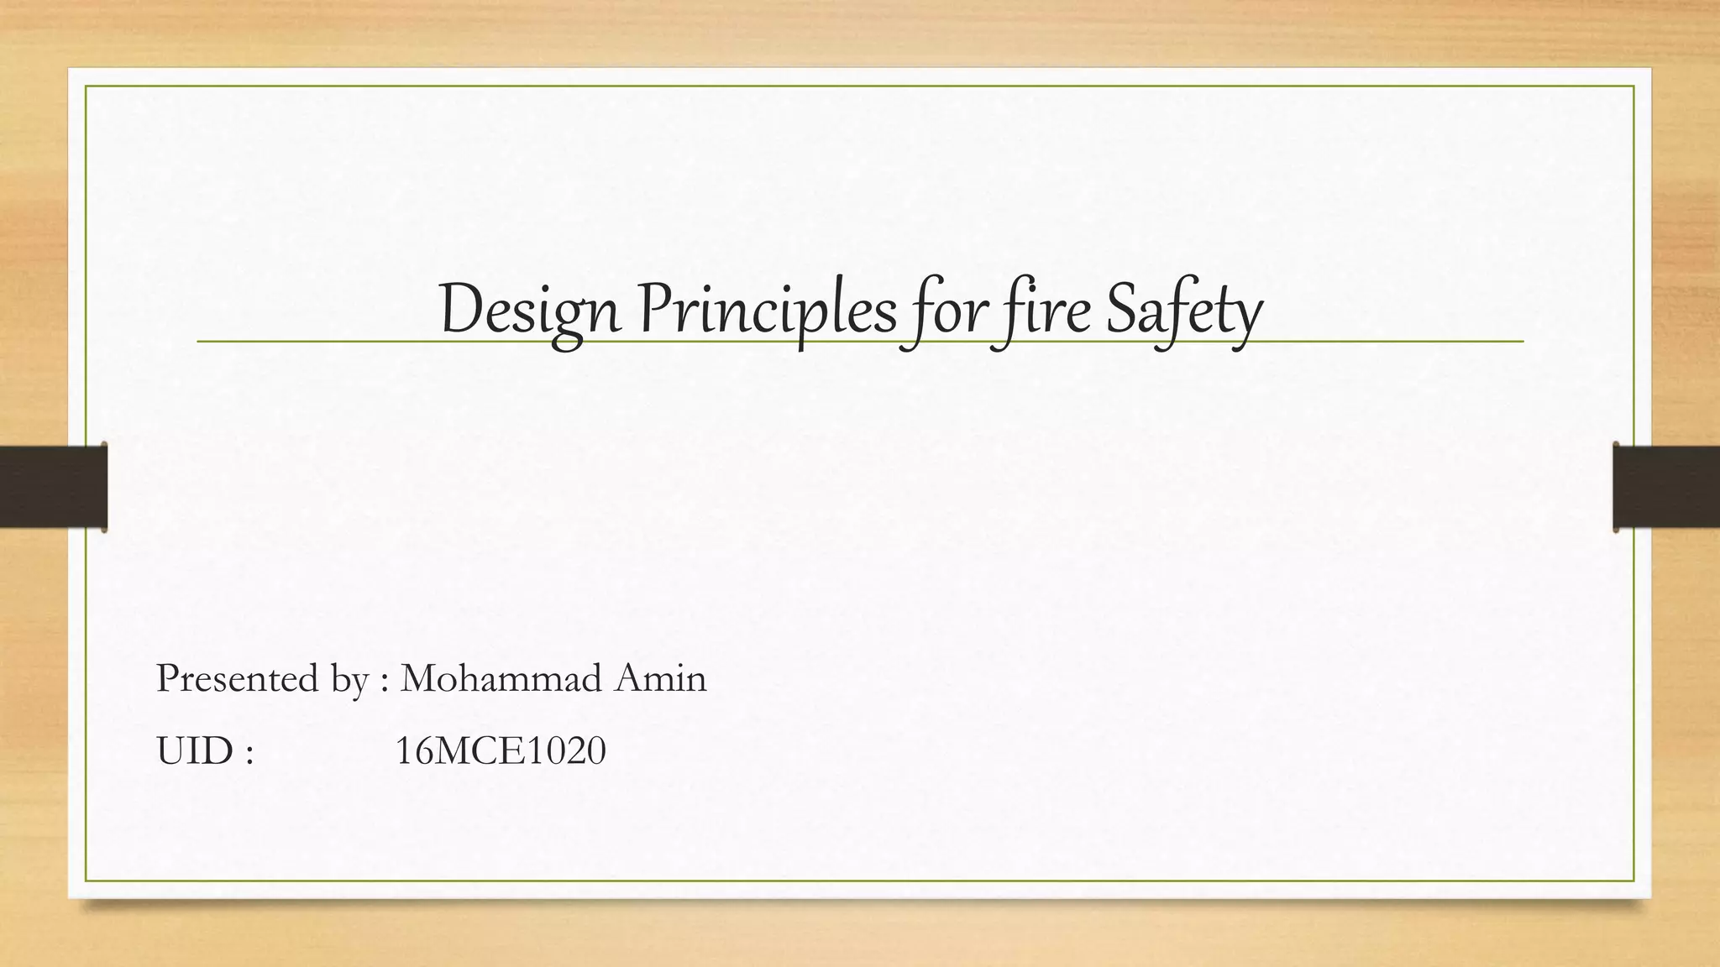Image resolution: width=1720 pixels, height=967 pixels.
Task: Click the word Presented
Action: coord(238,678)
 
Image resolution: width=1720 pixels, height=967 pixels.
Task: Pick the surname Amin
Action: coord(661,678)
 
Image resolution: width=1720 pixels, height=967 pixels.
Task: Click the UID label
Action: coord(195,751)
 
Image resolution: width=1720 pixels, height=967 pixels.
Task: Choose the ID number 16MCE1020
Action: coord(500,751)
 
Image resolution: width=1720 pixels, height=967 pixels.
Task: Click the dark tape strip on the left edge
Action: coord(53,487)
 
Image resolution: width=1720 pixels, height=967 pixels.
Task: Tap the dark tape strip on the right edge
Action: coord(1666,487)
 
